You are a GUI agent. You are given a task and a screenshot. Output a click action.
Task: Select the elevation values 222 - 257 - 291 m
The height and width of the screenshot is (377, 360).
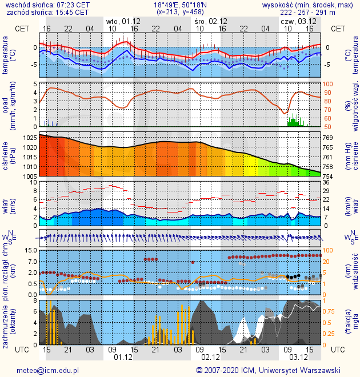tap(323, 12)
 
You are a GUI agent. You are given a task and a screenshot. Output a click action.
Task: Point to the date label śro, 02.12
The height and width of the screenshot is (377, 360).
tap(210, 21)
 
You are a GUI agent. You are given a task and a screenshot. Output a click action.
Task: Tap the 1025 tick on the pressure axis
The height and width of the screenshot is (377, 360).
tap(30, 138)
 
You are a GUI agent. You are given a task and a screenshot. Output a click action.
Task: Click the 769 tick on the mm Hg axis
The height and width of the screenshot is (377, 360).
tap(327, 138)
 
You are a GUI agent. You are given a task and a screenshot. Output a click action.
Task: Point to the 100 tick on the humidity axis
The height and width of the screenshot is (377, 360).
tap(327, 84)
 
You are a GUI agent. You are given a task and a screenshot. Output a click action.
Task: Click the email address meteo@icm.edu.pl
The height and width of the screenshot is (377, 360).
tap(47, 370)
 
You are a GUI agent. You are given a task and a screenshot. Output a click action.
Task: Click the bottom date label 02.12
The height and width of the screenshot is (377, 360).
tap(210, 358)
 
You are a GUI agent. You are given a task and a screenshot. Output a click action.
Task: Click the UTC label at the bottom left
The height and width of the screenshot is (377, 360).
tap(22, 349)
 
